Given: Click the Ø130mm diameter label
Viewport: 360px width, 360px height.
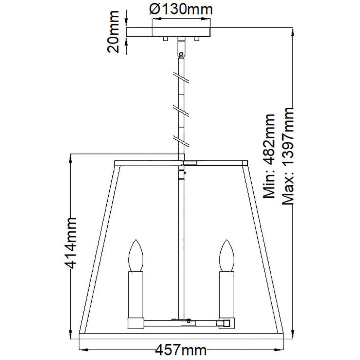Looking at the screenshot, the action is pyautogui.click(x=181, y=9).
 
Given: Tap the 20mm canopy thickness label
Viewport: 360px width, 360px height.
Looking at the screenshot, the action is pyautogui.click(x=114, y=32).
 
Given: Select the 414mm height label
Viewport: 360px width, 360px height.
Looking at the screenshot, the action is pyautogui.click(x=70, y=243).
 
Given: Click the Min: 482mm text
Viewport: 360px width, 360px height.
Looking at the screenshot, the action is pyautogui.click(x=269, y=156).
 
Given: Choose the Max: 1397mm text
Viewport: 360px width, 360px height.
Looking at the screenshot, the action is pyautogui.click(x=288, y=156).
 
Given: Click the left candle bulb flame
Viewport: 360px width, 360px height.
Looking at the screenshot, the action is pyautogui.click(x=136, y=256).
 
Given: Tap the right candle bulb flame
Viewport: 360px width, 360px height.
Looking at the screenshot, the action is pyautogui.click(x=227, y=256).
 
